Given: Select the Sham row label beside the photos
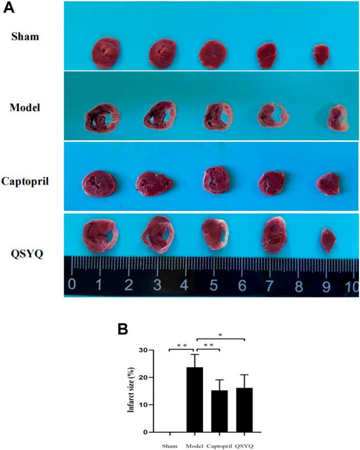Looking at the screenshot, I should pos(26,37).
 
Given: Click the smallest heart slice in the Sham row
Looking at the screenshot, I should pos(321,55).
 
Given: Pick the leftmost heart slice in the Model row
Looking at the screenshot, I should pos(100,118).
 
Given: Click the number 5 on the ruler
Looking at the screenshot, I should pos(213,284).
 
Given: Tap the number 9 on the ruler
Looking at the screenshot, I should pos(326,284).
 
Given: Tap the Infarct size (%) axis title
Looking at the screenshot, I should pos(131,390).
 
